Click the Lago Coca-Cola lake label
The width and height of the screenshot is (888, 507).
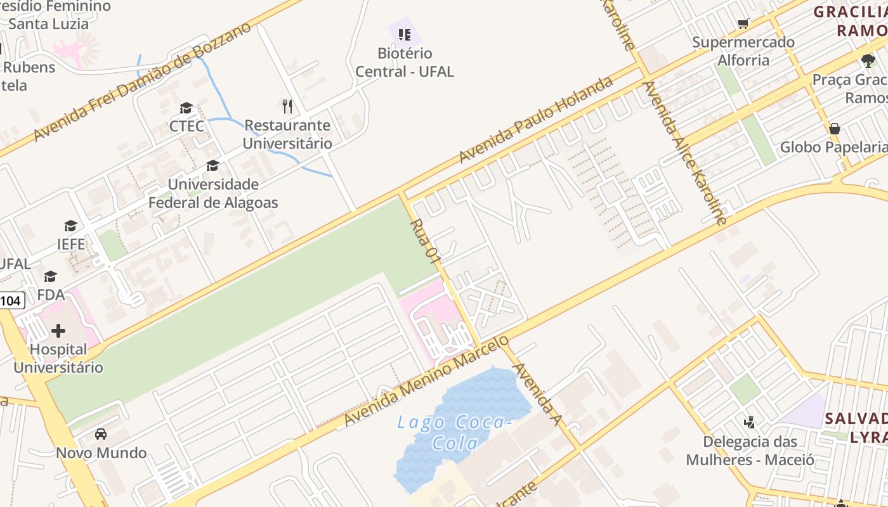tap(454, 432)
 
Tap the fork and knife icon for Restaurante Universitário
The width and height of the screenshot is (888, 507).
tap(287, 106)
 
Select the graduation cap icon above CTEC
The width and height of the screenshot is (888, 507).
tap(186, 108)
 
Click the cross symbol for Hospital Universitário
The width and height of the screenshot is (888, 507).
tap(58, 330)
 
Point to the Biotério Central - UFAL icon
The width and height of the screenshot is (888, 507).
tap(405, 34)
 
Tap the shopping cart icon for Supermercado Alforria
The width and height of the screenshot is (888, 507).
tap(743, 24)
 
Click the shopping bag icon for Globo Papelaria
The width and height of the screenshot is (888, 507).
tap(835, 129)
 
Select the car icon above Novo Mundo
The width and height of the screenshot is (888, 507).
tap(101, 434)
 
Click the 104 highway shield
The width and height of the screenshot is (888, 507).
tap(11, 300)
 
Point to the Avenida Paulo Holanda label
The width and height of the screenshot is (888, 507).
tap(537, 120)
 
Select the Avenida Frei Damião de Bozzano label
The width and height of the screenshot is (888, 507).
tap(143, 82)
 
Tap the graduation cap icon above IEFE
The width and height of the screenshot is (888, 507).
tap(70, 226)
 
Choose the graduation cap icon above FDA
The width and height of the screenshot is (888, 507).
tap(50, 277)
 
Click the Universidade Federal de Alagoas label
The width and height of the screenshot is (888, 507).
tap(213, 193)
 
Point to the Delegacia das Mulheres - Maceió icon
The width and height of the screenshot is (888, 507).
tap(750, 422)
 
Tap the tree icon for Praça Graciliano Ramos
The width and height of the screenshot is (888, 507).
tap(868, 61)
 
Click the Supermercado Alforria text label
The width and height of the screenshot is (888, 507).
tap(743, 51)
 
